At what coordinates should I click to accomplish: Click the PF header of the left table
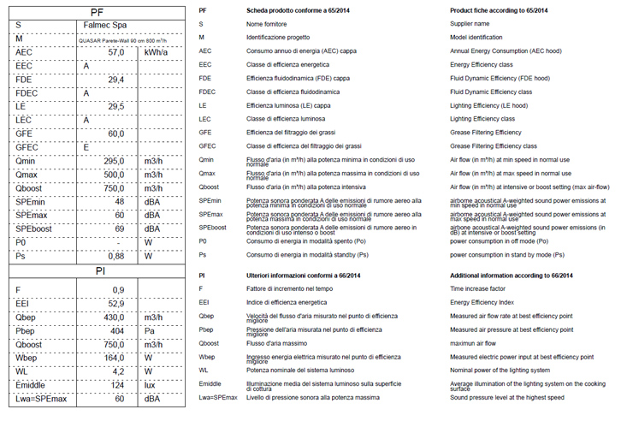pyautogui.click(x=98, y=12)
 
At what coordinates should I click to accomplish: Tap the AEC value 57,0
pyautogui.click(x=115, y=53)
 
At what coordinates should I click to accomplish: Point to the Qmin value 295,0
pyautogui.click(x=115, y=161)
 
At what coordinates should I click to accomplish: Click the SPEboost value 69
pyautogui.click(x=120, y=228)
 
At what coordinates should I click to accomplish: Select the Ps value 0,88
pyautogui.click(x=115, y=256)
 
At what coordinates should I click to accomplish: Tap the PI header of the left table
pyautogui.click(x=98, y=271)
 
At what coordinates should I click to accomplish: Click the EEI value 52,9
pyautogui.click(x=115, y=303)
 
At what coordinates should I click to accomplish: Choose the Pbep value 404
pyautogui.click(x=118, y=330)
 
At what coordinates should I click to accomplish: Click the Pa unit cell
pyautogui.click(x=150, y=330)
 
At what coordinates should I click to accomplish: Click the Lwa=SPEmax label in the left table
pyautogui.click(x=44, y=399)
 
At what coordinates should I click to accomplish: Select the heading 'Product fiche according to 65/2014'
pyautogui.click(x=499, y=10)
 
